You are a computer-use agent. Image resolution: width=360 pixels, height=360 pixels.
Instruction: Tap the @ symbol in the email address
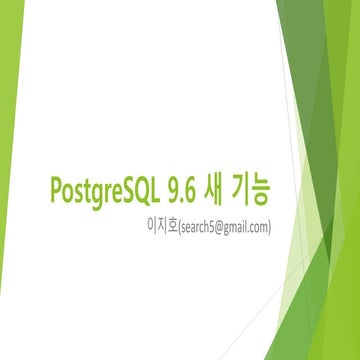pos(217,227)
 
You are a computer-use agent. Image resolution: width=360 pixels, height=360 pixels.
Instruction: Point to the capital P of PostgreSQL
pos(53,188)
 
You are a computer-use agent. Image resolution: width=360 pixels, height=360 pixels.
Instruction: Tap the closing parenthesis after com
pos(270,227)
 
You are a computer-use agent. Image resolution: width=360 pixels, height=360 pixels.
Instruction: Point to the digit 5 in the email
pos(209,227)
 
